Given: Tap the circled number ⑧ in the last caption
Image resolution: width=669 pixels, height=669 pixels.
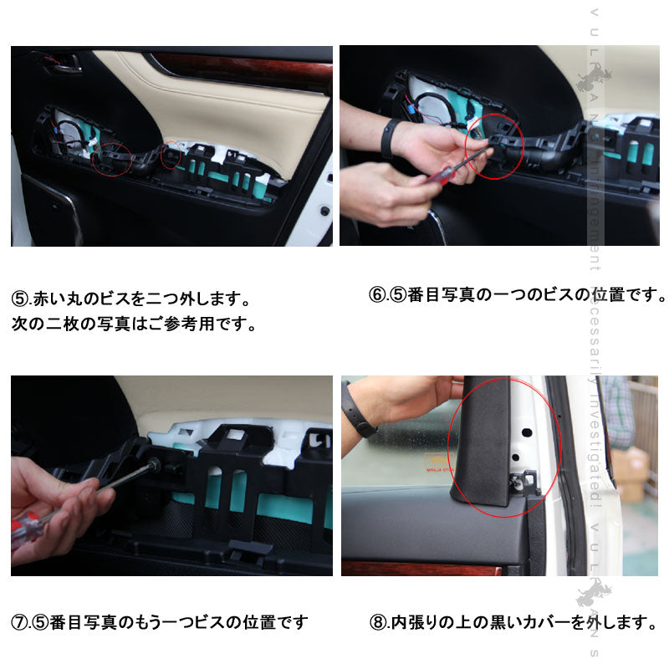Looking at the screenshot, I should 377,622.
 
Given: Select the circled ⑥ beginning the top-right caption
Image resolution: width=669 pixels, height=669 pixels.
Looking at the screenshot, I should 377,295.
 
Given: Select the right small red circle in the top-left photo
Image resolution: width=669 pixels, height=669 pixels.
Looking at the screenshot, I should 170,156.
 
